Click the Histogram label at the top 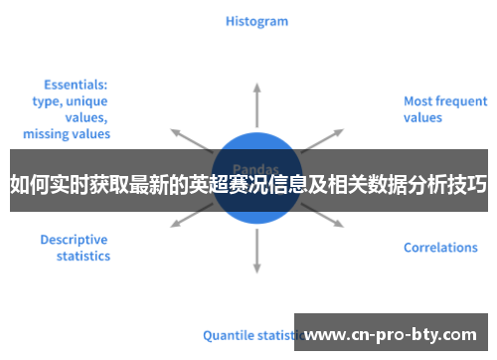[256, 21]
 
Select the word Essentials [76, 85]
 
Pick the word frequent [462, 100]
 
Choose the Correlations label [440, 248]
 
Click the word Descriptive [74, 240]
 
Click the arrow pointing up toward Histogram [256, 99]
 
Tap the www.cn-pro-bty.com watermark [398, 334]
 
